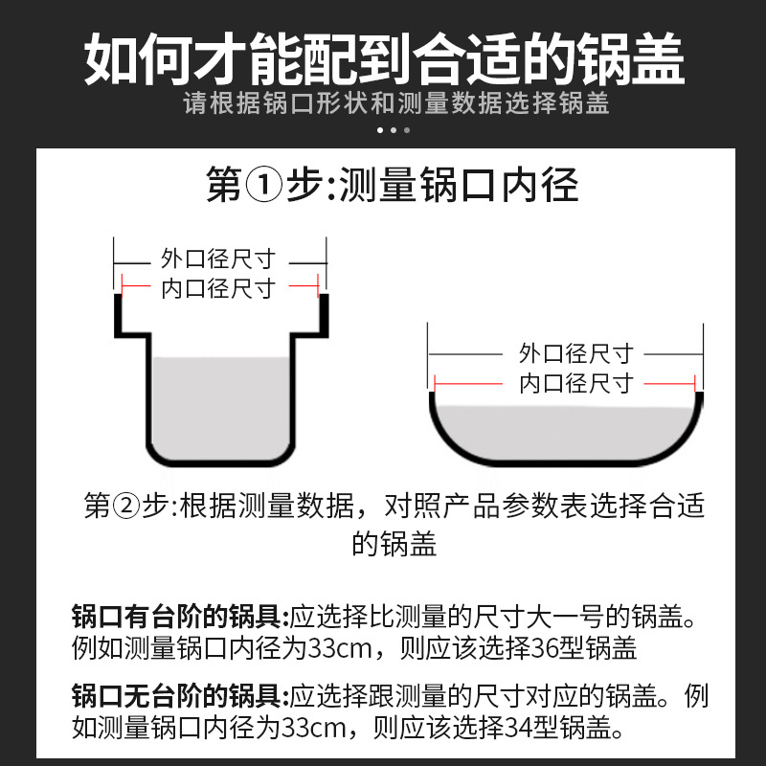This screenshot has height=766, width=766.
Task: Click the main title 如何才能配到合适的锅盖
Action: (384, 59)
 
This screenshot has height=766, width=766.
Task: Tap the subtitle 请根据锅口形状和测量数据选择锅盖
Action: (396, 103)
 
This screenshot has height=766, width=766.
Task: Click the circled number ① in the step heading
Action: (264, 185)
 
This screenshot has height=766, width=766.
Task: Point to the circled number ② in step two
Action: (126, 507)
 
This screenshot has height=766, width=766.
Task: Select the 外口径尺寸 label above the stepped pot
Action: (218, 259)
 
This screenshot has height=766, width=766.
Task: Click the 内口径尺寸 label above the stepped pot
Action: (218, 288)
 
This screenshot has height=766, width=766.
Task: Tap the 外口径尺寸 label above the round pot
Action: (576, 353)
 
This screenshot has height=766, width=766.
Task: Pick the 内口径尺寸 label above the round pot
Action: (576, 383)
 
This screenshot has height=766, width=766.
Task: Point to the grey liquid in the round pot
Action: (566, 431)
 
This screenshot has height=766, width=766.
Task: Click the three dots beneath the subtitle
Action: (394, 130)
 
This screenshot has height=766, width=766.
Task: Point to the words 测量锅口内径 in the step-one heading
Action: (460, 185)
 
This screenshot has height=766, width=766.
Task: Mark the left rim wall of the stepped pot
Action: (118, 315)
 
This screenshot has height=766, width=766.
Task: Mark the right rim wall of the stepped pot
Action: (324, 315)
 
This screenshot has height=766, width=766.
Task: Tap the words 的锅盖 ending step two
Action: (394, 544)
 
